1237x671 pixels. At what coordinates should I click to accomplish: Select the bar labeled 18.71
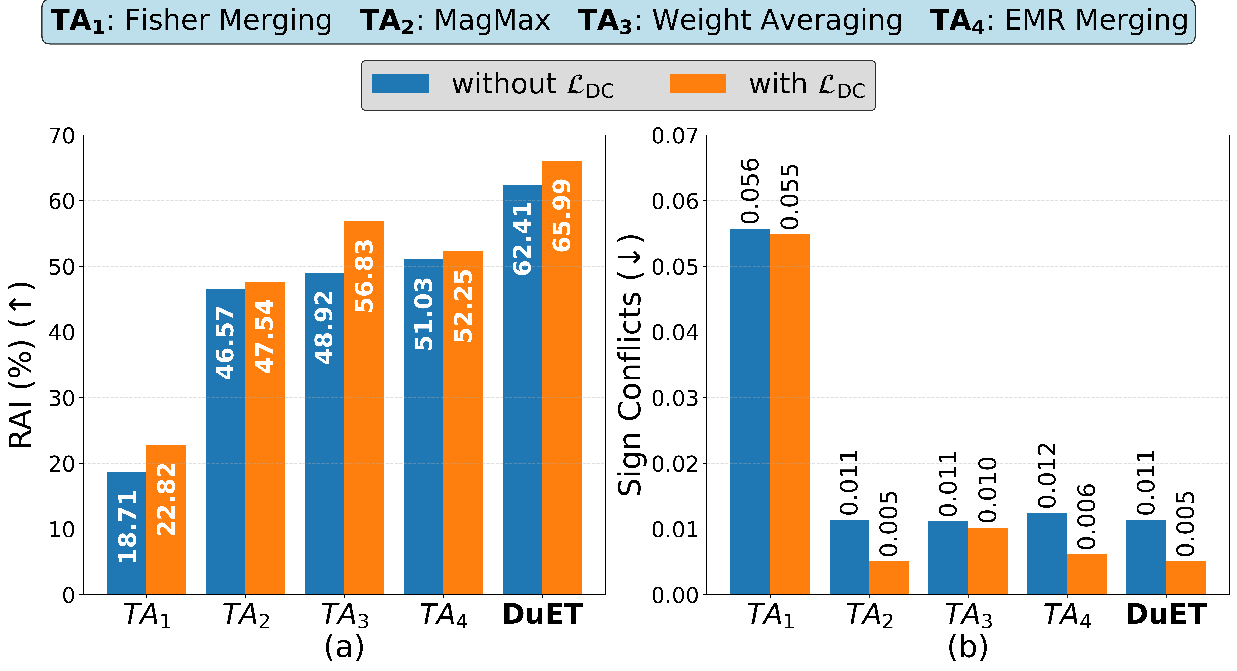click(126, 533)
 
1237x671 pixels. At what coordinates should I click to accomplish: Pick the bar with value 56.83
click(364, 408)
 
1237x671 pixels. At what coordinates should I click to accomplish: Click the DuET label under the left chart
click(543, 615)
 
